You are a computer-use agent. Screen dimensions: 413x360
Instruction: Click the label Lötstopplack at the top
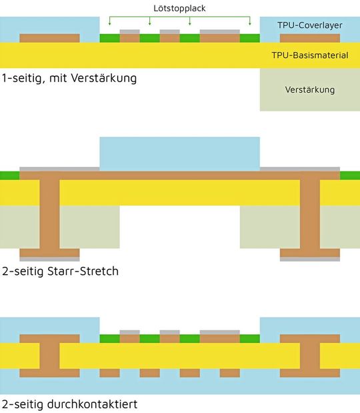(x=180, y=7)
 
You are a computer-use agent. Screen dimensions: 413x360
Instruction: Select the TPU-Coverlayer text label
(x=309, y=25)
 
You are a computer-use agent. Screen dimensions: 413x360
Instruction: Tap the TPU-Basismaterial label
(x=310, y=55)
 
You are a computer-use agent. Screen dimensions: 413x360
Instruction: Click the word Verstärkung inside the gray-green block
(x=309, y=89)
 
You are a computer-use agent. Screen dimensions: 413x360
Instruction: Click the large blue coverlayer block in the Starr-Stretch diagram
(x=179, y=153)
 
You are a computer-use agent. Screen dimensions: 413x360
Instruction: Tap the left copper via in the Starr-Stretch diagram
(x=49, y=214)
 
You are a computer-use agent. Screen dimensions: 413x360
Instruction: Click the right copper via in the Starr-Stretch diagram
(x=309, y=214)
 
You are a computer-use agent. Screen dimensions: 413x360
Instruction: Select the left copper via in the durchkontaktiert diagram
(x=49, y=356)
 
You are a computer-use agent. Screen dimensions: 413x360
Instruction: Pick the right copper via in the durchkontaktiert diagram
(x=309, y=356)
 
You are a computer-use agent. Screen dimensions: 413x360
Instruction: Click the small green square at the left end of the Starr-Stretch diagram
(x=9, y=175)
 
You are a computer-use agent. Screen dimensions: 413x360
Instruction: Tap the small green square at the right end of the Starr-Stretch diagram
(x=350, y=175)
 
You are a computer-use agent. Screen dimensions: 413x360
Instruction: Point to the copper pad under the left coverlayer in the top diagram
(x=49, y=38)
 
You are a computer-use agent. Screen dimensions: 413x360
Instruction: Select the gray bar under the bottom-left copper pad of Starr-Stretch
(x=49, y=260)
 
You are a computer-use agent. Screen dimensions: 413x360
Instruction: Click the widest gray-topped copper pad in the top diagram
(x=219, y=37)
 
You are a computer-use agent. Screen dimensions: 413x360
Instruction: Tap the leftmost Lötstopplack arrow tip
(x=109, y=25)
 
